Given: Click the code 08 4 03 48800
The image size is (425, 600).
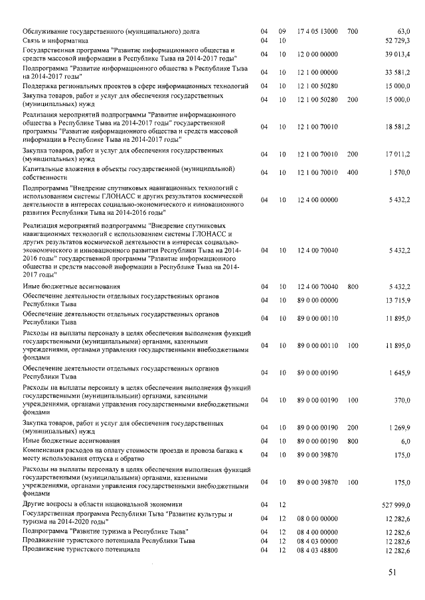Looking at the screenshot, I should pos(317,550).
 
